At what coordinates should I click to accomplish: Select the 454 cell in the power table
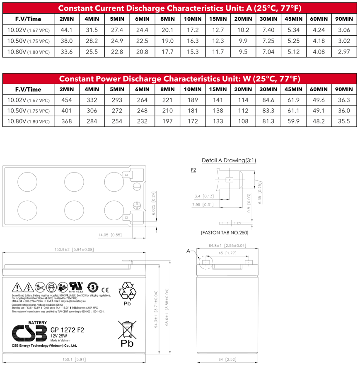click(x=66, y=100)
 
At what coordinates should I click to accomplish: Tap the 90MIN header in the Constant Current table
click(x=344, y=19)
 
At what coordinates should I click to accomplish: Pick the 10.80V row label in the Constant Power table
click(x=28, y=122)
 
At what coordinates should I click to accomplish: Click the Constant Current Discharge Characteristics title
click(x=180, y=8)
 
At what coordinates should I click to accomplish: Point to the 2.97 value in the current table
click(x=344, y=51)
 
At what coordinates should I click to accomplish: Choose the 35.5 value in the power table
click(x=344, y=122)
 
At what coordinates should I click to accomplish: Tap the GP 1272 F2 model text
click(x=67, y=330)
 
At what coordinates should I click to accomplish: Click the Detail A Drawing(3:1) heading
click(x=229, y=160)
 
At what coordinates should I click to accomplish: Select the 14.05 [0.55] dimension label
click(x=110, y=235)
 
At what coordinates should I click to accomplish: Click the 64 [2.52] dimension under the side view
click(x=227, y=359)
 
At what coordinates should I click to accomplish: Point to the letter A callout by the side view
click(x=189, y=251)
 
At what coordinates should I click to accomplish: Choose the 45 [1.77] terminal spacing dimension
click(x=227, y=253)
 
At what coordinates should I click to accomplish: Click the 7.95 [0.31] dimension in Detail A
click(x=203, y=204)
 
